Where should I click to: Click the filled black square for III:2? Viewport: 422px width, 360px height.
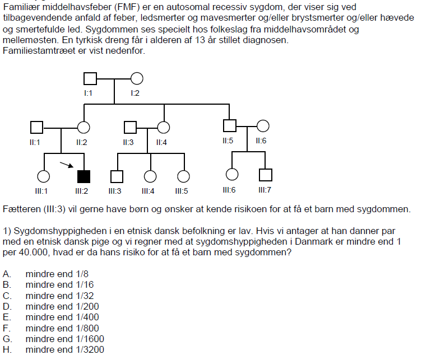(x=84, y=176)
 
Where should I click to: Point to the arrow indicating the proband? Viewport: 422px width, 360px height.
(x=67, y=165)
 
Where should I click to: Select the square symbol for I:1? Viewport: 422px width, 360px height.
(x=90, y=79)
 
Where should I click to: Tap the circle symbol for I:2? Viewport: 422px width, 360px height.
(x=137, y=79)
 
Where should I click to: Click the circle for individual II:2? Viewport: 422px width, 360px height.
(x=84, y=128)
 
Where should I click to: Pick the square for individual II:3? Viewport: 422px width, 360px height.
(x=130, y=128)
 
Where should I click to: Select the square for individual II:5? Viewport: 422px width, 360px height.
(x=230, y=126)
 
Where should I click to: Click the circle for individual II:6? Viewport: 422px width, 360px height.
(x=263, y=126)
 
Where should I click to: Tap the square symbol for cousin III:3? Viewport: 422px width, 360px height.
(x=117, y=176)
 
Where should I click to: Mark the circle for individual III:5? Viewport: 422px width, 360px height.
(x=184, y=176)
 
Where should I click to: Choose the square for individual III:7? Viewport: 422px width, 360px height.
(x=266, y=175)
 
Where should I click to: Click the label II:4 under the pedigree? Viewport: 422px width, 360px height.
(x=161, y=142)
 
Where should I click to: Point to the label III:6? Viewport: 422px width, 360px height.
(x=229, y=190)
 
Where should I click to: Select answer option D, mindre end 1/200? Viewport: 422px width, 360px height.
(x=62, y=306)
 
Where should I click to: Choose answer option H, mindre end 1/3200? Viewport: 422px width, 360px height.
(x=64, y=349)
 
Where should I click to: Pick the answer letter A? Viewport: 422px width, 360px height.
(x=7, y=274)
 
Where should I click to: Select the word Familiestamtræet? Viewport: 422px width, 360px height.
(x=39, y=50)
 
